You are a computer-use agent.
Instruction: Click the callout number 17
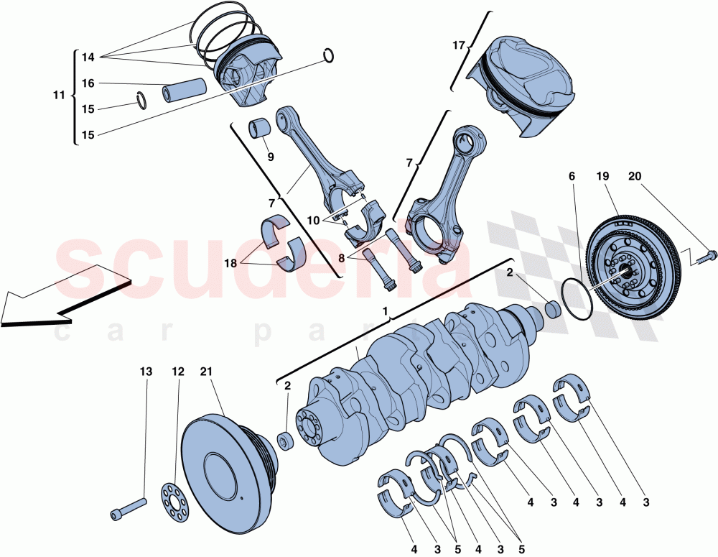tap(459, 45)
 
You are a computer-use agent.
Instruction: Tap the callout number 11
tap(60, 95)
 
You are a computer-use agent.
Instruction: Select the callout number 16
tap(88, 83)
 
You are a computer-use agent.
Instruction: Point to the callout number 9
tap(271, 156)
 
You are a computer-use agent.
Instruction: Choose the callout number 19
tap(602, 175)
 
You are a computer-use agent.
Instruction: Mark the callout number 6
tap(572, 175)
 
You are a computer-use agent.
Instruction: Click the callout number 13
tap(146, 372)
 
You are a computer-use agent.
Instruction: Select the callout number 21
tap(207, 372)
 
